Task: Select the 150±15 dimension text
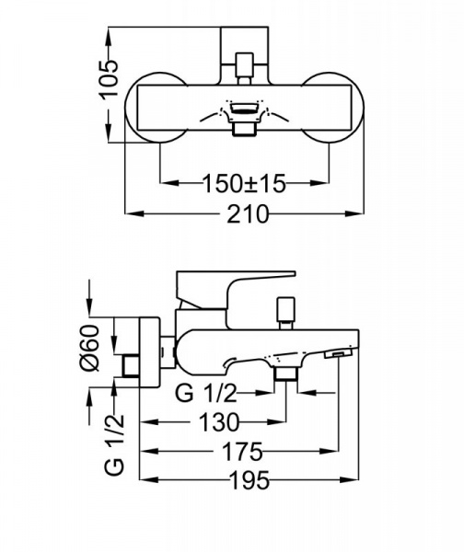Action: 244,183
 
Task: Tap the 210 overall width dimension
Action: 248,213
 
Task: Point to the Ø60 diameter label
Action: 90,348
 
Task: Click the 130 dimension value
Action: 219,422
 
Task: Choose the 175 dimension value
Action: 243,452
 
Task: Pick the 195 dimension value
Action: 249,480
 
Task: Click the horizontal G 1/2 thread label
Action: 206,393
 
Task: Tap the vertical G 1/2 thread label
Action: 115,444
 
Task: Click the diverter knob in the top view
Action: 245,68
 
